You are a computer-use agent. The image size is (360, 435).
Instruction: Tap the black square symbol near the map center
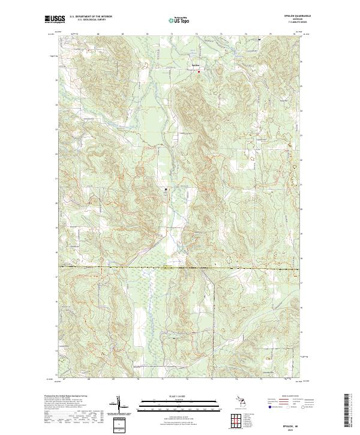pos(166,190)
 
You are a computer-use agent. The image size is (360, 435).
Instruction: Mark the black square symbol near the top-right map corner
pos(259,40)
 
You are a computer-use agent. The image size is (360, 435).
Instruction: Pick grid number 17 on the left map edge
pos(57,277)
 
